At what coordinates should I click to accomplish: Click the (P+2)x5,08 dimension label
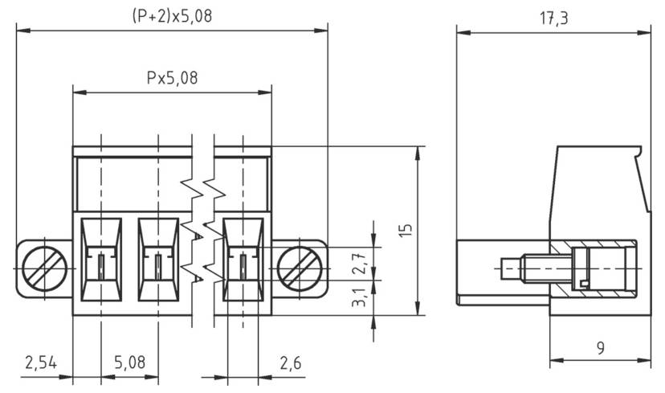coord(172,15)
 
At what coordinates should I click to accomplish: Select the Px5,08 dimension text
coord(172,78)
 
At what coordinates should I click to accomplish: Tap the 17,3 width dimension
coord(553,18)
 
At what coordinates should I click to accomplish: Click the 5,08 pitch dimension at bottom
coord(129,362)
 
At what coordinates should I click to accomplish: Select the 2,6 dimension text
coord(290,362)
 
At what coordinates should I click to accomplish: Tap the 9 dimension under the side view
coord(600,347)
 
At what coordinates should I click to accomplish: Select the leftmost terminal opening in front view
coord(101,256)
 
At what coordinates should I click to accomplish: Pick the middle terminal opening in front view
coord(158,256)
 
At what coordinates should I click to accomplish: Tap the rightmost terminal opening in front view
coord(243,256)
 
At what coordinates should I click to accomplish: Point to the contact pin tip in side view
coord(504,266)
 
